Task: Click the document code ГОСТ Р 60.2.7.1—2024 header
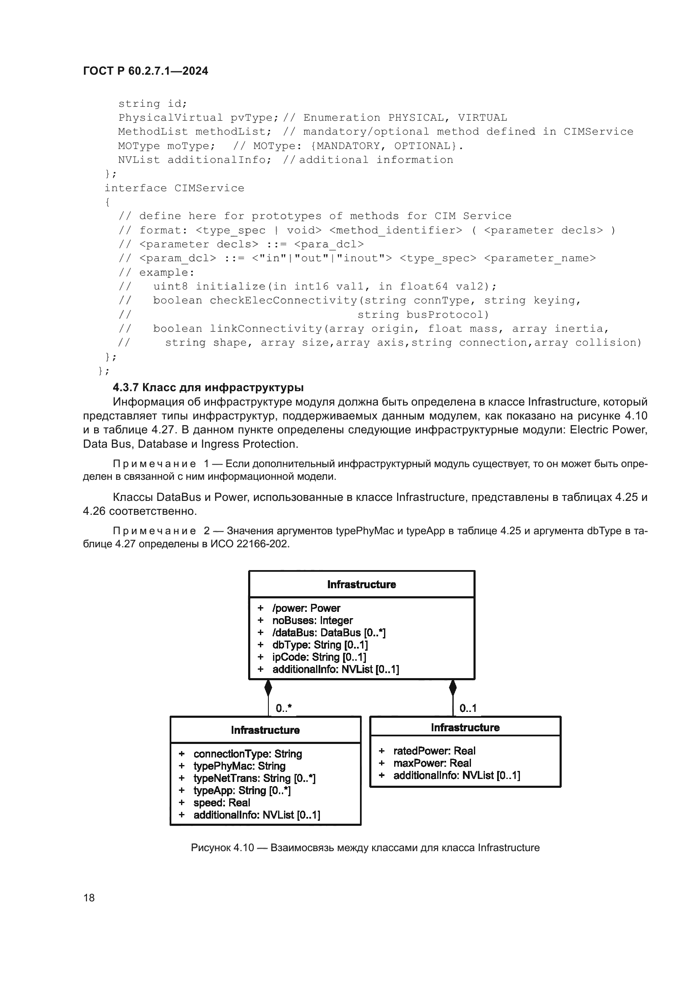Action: point(145,71)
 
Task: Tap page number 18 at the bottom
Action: point(89,898)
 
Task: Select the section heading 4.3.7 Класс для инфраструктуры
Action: point(208,387)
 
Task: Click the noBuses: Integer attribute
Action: point(312,620)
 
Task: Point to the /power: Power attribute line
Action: point(306,608)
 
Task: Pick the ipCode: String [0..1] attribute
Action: point(319,657)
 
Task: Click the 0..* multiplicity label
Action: point(283,708)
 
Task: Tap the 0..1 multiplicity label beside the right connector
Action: point(468,708)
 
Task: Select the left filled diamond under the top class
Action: point(268,688)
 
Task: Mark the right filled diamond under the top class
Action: point(452,688)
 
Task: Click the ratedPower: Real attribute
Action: point(434,751)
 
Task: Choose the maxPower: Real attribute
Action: point(432,763)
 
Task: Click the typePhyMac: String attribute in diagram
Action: point(239,766)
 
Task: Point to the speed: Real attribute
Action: point(222,803)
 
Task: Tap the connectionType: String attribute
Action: point(248,754)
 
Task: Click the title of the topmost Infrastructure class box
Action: point(362,584)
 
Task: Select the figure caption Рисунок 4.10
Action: point(365,848)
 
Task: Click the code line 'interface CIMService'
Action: point(174,188)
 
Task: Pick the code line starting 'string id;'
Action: point(153,104)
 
